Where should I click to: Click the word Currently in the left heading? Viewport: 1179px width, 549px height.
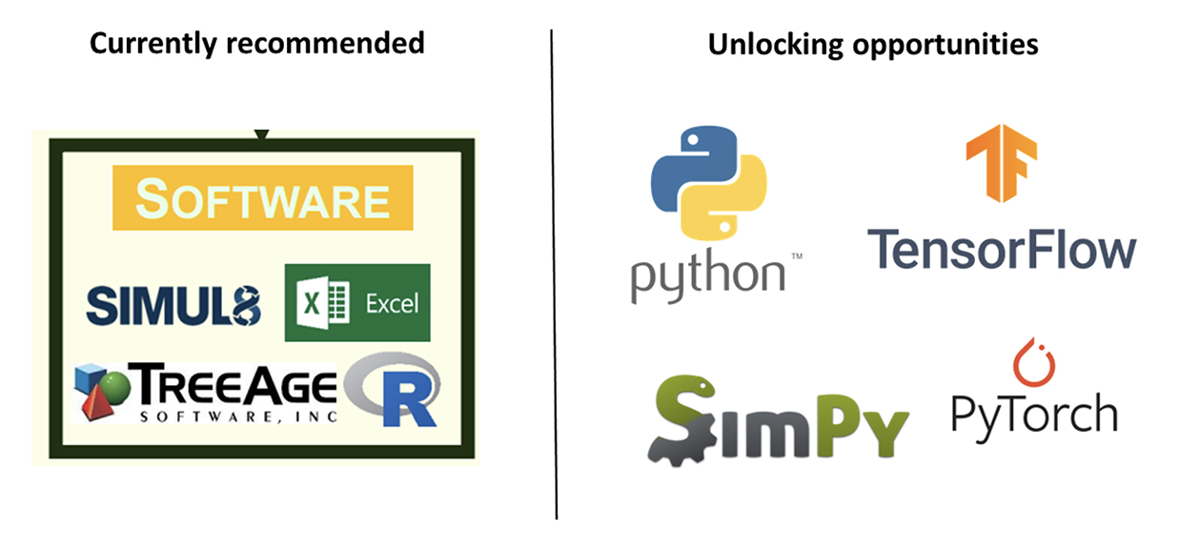tap(153, 44)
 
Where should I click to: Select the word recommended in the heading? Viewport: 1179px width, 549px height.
tap(325, 43)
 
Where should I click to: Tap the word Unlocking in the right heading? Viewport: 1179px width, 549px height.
tap(775, 45)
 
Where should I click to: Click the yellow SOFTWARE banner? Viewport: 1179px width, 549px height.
tap(263, 198)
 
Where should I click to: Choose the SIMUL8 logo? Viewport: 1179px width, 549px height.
tap(173, 306)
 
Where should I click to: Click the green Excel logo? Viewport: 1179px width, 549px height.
tap(357, 303)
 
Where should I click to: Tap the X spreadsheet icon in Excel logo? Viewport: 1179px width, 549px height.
tap(322, 303)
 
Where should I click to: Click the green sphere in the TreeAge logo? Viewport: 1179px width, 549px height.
tap(115, 389)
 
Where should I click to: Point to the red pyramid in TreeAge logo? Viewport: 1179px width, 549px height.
tap(97, 404)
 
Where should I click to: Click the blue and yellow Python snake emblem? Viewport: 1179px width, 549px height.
tap(709, 183)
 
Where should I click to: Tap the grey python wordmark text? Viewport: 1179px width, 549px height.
tap(708, 275)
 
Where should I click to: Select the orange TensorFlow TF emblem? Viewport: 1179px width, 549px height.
tap(1002, 163)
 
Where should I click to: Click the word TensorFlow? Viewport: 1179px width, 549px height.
tap(1002, 250)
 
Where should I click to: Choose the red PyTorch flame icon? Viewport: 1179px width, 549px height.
tap(1034, 362)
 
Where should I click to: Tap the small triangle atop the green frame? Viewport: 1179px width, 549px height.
tap(261, 134)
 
